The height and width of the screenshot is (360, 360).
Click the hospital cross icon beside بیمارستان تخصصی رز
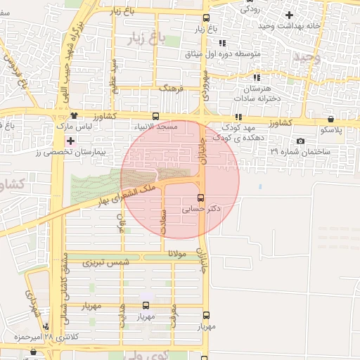tap(70, 141)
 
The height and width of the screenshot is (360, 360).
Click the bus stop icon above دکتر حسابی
tap(201, 198)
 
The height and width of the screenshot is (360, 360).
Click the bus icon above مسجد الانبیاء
tap(155, 117)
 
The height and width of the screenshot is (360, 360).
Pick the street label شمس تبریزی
tap(107, 262)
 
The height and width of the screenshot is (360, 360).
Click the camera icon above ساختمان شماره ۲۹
tap(300, 141)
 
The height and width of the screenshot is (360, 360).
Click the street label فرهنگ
tap(171, 89)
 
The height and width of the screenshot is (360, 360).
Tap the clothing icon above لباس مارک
tap(74, 115)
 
